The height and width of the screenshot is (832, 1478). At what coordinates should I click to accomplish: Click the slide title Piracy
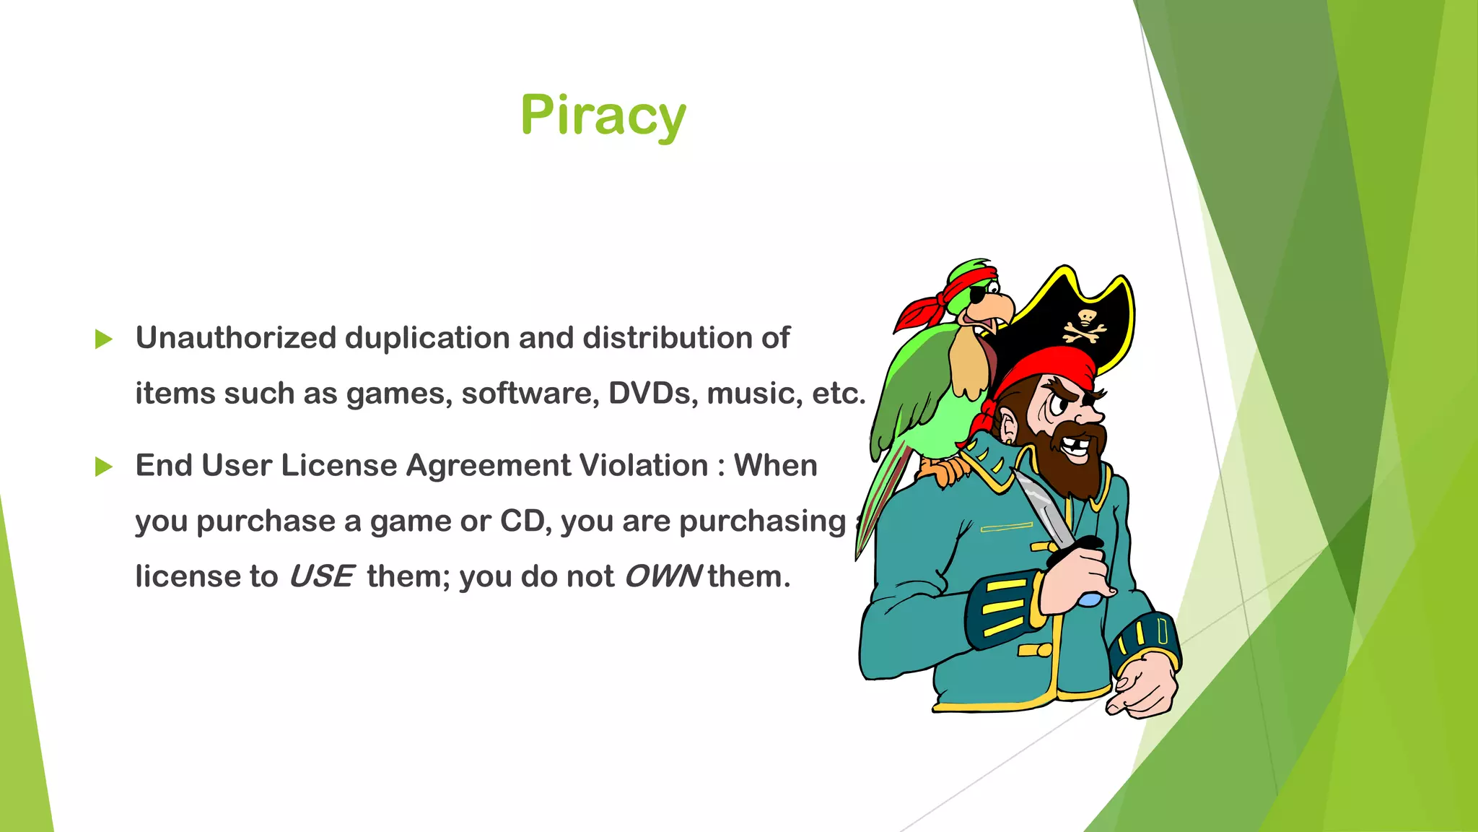(x=603, y=116)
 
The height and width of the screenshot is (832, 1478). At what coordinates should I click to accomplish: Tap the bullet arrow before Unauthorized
(x=104, y=339)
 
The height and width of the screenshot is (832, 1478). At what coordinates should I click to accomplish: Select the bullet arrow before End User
(x=104, y=467)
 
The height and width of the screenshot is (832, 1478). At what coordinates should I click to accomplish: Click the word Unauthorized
(x=236, y=338)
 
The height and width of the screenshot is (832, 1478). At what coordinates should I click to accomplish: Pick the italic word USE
(x=320, y=577)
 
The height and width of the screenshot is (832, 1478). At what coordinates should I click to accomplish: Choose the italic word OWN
(x=663, y=577)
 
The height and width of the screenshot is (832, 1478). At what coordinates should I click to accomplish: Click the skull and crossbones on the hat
(x=1084, y=326)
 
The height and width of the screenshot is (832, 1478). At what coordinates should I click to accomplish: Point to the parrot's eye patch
(x=977, y=295)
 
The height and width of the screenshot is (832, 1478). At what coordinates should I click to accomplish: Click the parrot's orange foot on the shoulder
(x=942, y=473)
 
